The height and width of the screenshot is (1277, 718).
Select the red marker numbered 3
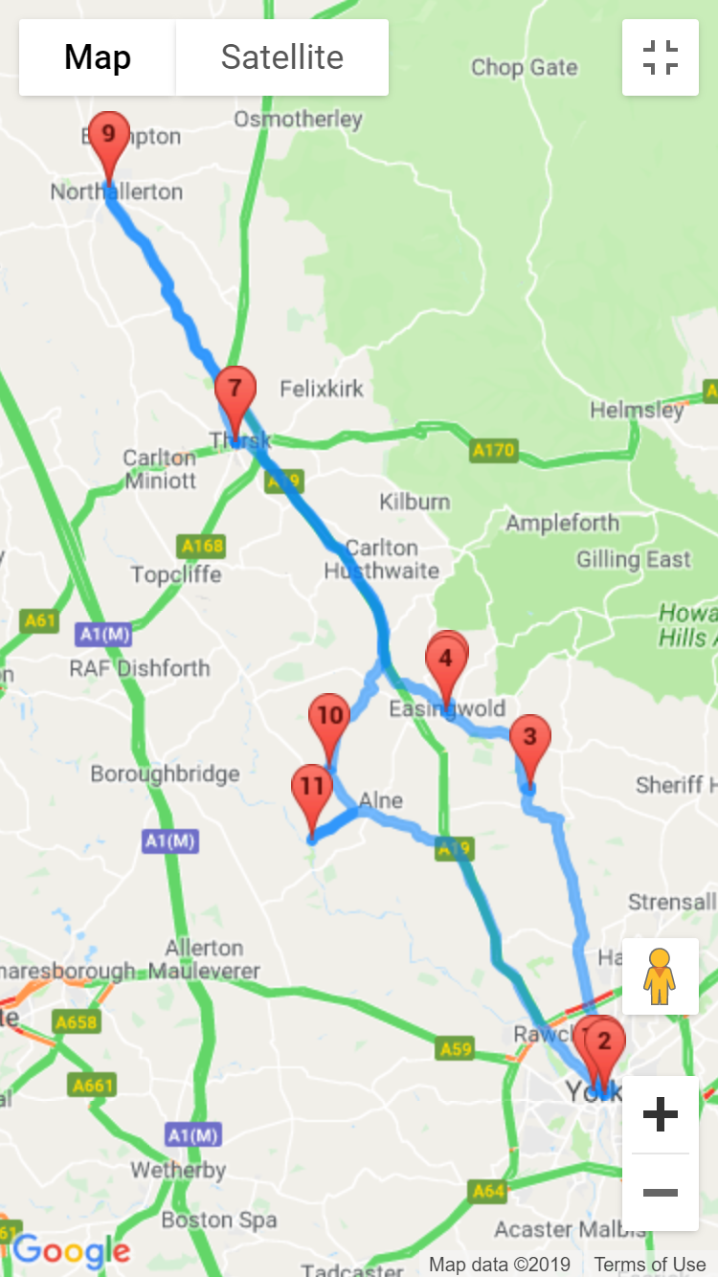click(529, 740)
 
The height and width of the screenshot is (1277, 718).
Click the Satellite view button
click(282, 57)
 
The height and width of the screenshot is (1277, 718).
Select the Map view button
click(98, 57)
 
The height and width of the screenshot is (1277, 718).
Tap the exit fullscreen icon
click(661, 57)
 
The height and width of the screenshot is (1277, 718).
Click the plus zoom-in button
click(661, 1114)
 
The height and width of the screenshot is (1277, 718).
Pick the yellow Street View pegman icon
click(660, 976)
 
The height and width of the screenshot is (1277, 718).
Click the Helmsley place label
click(637, 410)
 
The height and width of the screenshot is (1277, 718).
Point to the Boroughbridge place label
click(165, 773)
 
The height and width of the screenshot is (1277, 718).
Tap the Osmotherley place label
click(299, 120)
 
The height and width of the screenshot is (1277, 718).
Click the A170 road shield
click(493, 450)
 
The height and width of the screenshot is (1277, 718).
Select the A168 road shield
click(202, 547)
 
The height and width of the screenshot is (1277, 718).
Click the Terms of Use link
click(649, 1265)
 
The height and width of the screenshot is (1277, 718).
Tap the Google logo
click(71, 1250)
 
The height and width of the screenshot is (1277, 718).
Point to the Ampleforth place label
click(562, 524)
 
